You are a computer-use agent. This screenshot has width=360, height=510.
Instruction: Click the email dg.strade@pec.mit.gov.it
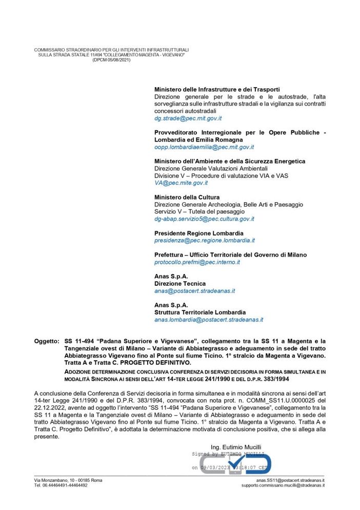(188, 118)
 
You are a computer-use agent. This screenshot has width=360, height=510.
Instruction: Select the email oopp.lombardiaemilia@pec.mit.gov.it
(204, 147)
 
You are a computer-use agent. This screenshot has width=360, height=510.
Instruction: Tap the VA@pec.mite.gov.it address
(181, 183)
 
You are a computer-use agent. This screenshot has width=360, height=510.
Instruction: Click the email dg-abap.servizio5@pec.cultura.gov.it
(204, 219)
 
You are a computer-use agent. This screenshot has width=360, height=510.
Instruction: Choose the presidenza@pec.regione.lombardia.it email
(205, 240)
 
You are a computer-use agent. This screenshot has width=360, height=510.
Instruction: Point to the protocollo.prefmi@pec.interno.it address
(197, 262)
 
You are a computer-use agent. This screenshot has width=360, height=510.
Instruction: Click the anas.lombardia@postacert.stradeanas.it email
(209, 319)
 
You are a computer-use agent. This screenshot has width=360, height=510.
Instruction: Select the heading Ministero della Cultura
(187, 197)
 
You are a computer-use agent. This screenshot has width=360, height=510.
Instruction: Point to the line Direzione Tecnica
(180, 283)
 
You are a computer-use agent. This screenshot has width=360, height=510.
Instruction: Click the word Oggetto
(47, 341)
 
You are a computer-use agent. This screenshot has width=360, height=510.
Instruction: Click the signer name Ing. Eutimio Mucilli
(235, 447)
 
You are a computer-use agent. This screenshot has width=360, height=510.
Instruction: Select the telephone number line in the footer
(61, 485)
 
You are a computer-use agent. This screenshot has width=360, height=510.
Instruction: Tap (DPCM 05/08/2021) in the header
(111, 60)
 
